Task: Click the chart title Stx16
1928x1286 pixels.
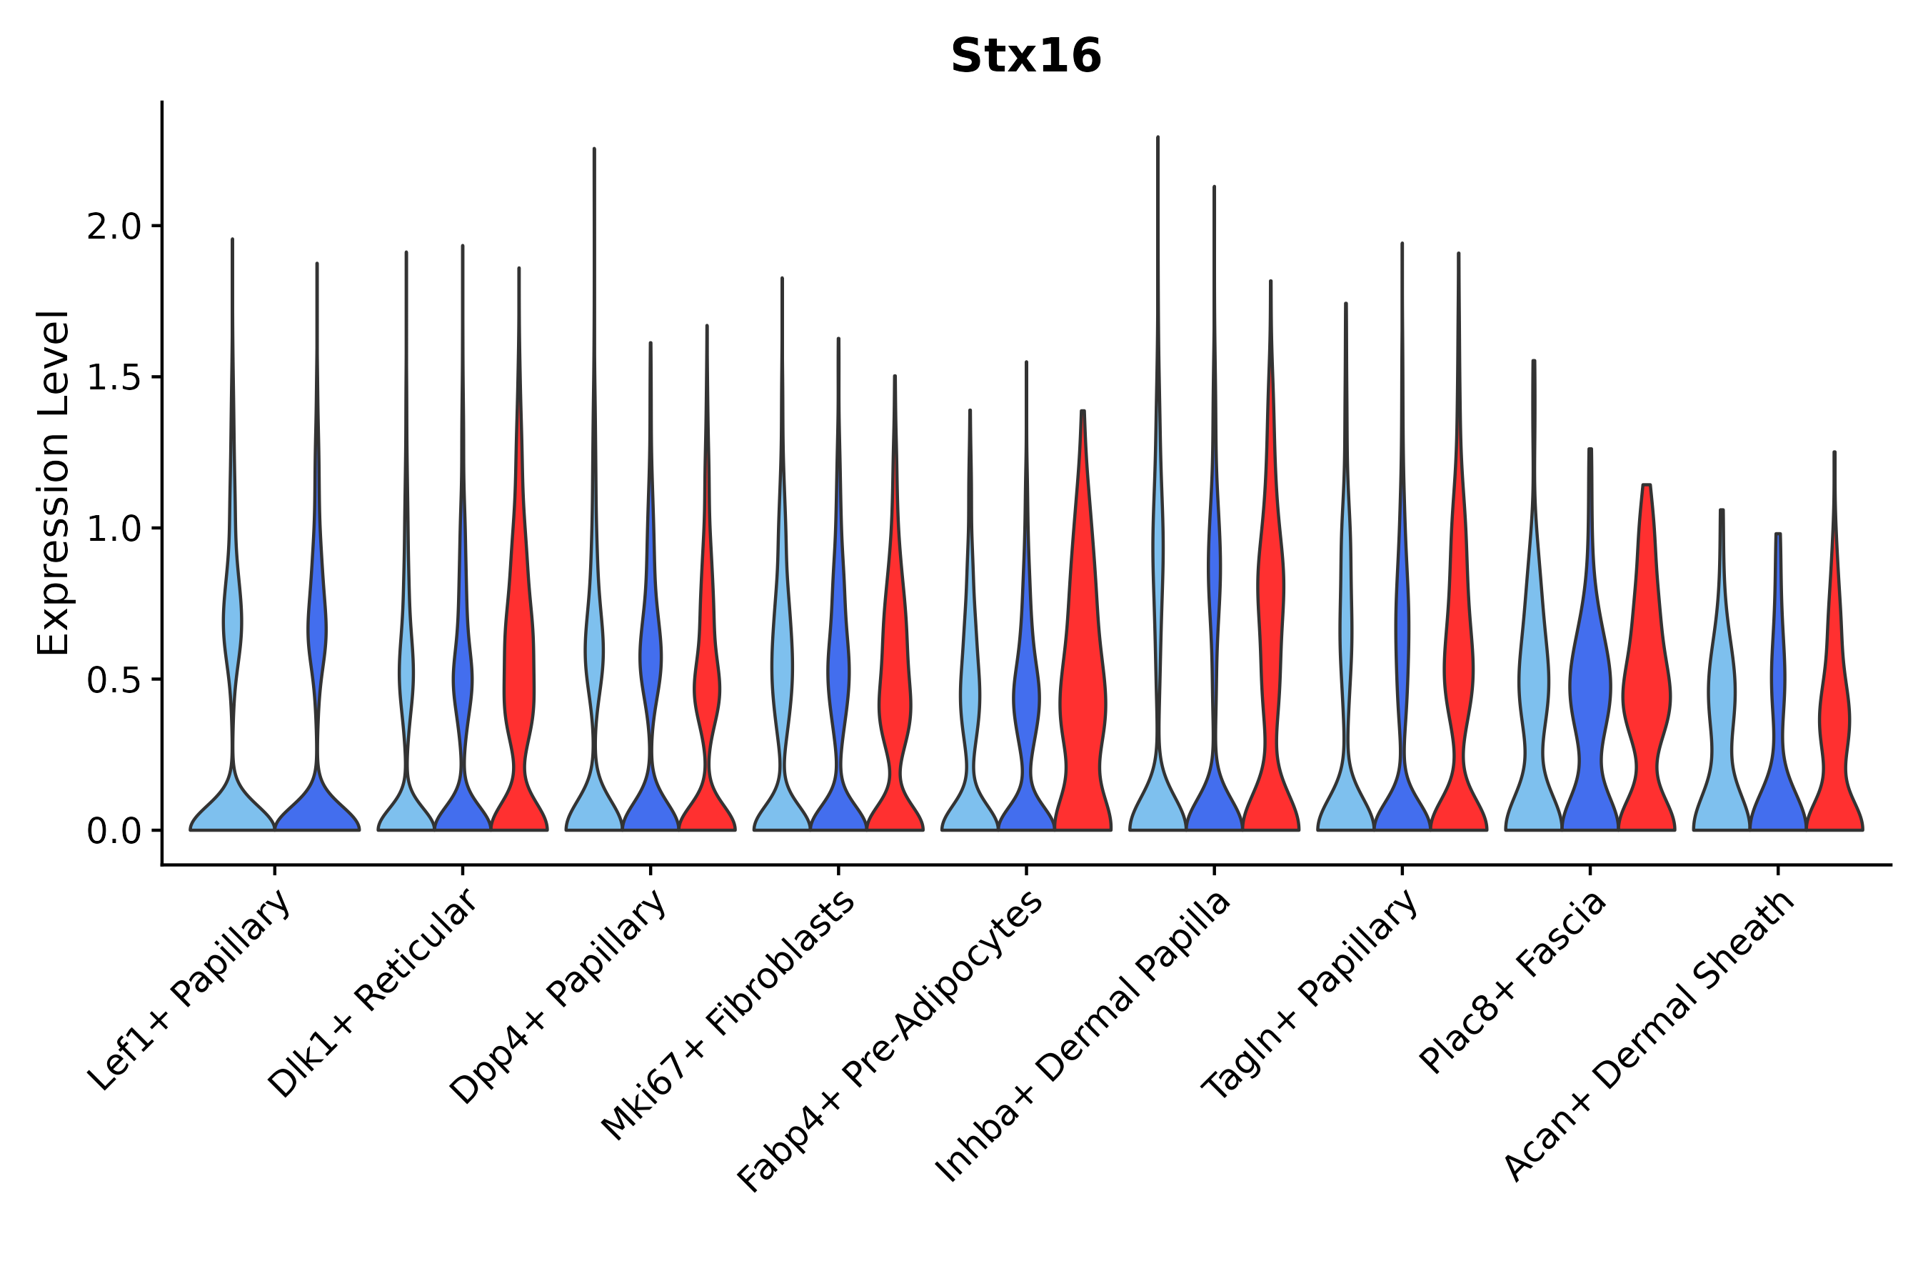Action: tap(1025, 56)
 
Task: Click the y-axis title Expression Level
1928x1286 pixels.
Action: tap(54, 483)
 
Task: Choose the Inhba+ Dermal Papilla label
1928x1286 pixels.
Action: tap(1084, 1037)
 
